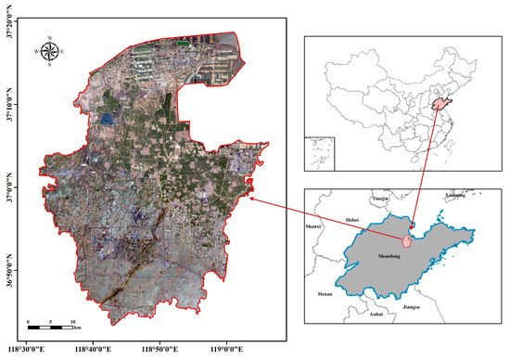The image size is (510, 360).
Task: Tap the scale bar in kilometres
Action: pos(51,324)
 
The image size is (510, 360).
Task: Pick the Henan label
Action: pos(324,293)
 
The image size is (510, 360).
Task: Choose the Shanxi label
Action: pos(313,226)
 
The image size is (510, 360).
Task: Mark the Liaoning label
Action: pos(456,196)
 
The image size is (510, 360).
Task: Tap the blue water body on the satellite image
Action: pos(107,119)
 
